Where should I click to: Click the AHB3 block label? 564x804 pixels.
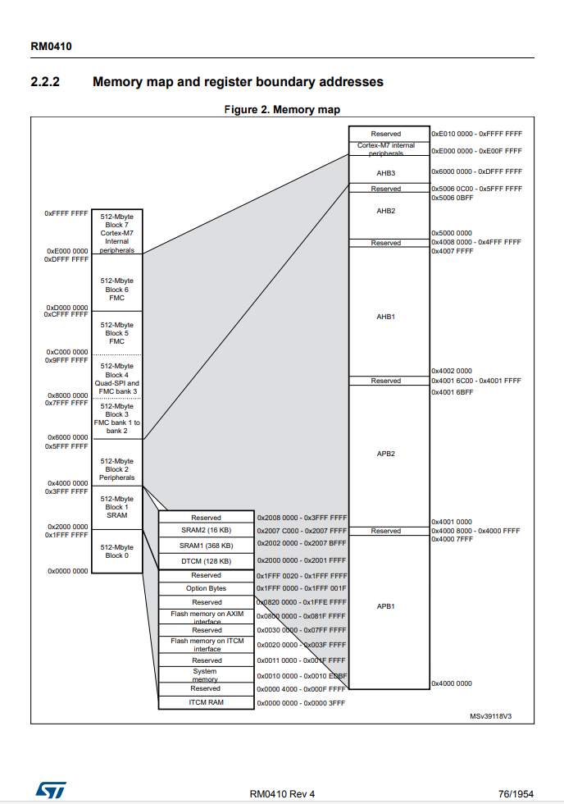point(386,173)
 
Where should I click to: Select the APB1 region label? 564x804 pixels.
point(386,606)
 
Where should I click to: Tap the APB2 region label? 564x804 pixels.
point(386,454)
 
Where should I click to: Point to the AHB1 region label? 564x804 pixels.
point(386,316)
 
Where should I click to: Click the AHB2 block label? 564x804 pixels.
point(386,211)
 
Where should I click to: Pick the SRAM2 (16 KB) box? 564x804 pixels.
point(207,531)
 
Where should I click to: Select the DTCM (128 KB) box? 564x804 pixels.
point(207,561)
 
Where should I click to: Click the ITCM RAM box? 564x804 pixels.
point(207,702)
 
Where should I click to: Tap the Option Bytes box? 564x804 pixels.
point(207,588)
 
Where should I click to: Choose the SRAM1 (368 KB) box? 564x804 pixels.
point(207,546)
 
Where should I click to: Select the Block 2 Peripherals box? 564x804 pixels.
point(116,468)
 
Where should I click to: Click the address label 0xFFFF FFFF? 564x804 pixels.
point(66,213)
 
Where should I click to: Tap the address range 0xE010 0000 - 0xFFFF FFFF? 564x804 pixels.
point(476,133)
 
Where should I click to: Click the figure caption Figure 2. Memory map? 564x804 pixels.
point(282,110)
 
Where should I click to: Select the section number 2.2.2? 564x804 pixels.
point(45,82)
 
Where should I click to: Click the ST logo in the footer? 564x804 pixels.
point(43,788)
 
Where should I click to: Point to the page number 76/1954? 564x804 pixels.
point(516,793)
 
